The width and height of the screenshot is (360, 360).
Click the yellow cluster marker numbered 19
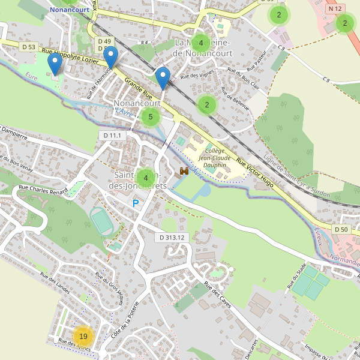(83, 336)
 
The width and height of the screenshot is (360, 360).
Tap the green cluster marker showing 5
(150, 117)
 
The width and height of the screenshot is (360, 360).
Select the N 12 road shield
(335, 9)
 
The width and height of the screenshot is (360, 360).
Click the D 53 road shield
(28, 47)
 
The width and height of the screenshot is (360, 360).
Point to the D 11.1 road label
(112, 136)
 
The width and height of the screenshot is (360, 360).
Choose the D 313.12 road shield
(171, 238)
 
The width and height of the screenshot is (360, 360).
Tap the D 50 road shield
(341, 229)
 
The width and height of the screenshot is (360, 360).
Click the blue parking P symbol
(136, 204)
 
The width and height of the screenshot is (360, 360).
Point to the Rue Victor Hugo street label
(256, 173)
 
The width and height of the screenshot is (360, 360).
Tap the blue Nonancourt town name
(69, 10)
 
